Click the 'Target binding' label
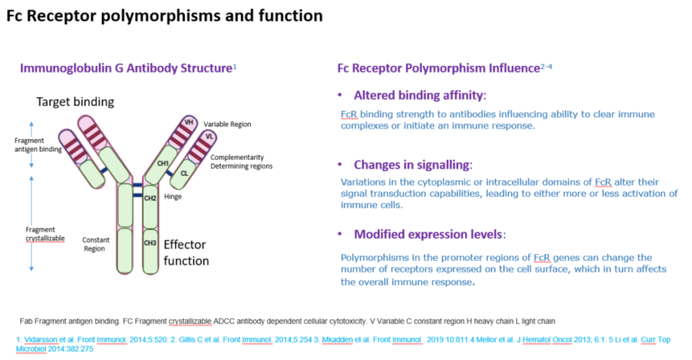[75, 102]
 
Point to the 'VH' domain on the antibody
[189, 121]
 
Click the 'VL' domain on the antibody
[210, 136]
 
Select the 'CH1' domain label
[163, 163]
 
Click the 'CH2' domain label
[150, 198]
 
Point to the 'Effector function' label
[186, 252]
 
